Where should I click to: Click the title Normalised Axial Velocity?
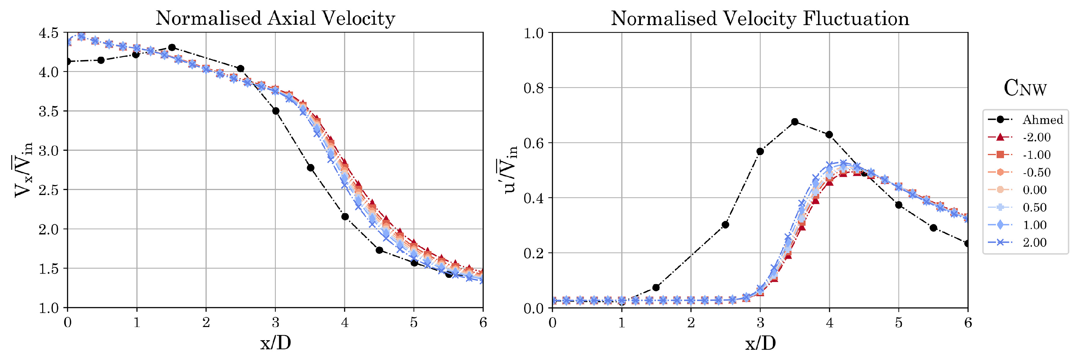tap(275, 18)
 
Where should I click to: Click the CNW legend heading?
tap(1025, 88)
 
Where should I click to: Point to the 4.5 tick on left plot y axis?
tap(48, 33)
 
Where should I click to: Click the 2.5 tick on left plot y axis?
tap(48, 190)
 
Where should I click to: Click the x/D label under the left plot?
tap(275, 343)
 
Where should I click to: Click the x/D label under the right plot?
tap(760, 343)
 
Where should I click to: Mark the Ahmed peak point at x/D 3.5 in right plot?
tap(795, 122)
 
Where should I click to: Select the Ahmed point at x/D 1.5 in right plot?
tap(656, 287)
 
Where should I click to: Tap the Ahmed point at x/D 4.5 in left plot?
tap(379, 250)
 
